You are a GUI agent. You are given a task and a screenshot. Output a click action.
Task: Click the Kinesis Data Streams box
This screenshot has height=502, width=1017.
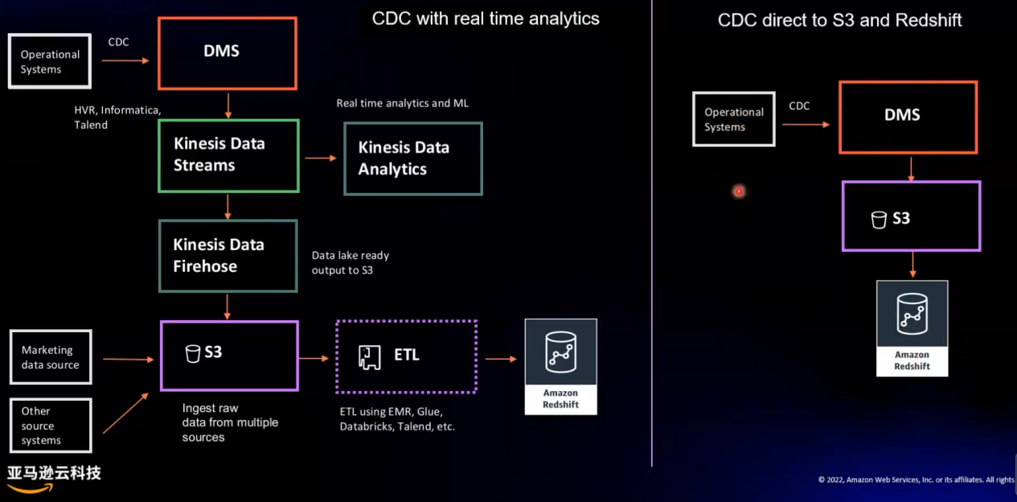[x=228, y=156]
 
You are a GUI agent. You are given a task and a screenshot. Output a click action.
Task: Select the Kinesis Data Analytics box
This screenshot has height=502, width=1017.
[x=413, y=158]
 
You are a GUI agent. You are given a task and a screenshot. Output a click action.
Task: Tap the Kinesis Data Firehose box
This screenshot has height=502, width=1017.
[x=228, y=256]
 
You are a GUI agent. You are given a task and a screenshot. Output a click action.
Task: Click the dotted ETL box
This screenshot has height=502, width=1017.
[x=406, y=356]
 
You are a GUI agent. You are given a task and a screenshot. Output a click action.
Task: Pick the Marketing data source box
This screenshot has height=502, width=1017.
[x=51, y=357]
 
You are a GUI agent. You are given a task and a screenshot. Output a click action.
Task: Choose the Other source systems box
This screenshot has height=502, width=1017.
[x=51, y=426]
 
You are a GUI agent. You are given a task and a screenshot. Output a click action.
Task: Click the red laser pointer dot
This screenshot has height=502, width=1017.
[x=739, y=191]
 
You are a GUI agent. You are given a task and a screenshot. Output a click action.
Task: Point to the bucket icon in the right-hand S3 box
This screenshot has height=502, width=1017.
[x=879, y=220]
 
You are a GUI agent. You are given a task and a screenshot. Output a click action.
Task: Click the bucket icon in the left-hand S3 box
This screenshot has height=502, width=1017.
[x=192, y=353]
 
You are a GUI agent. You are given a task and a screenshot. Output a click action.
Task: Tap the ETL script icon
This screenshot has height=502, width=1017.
[x=370, y=357]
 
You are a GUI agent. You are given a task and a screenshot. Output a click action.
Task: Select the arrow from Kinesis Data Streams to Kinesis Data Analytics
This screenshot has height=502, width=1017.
[x=321, y=158]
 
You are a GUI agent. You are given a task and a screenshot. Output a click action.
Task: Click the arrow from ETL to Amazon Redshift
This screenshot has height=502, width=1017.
[x=501, y=359]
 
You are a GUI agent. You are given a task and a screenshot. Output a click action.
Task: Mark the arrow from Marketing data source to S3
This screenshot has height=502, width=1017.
[x=129, y=360]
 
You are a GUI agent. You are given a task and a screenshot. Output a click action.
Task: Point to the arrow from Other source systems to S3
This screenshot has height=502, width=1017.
[x=125, y=413]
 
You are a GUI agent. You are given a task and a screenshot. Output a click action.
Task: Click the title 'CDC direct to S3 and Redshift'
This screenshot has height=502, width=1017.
[x=839, y=20]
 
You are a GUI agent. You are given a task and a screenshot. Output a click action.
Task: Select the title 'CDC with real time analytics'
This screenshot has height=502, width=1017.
[x=486, y=19]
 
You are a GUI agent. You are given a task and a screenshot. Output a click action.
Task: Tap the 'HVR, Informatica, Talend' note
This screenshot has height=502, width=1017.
[x=117, y=117]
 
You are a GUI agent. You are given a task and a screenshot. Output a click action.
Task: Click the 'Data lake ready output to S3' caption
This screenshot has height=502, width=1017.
[x=351, y=262]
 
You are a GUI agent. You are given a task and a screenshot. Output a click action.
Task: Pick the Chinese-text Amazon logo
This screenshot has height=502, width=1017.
[x=54, y=479]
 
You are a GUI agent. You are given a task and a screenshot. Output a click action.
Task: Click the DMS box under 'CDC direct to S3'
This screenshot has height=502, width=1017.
[x=908, y=117]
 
